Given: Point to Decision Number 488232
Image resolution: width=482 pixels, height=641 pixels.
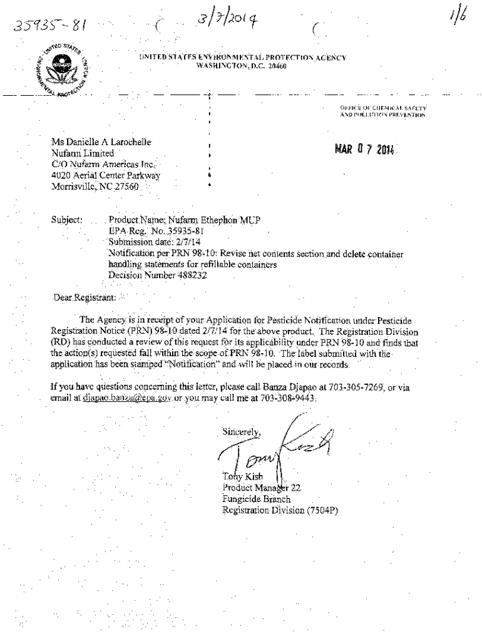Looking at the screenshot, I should pos(157,274).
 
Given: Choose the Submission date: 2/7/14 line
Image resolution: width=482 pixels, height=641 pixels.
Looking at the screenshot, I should pos(155,242).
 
